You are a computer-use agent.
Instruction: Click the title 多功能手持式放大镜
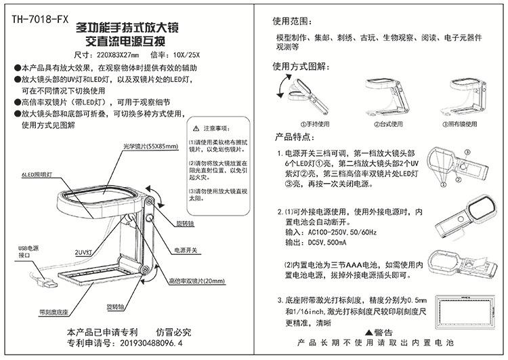coord(128,28)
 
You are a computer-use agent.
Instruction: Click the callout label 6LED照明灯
coord(35,174)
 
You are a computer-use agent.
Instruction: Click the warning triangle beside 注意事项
coord(196,127)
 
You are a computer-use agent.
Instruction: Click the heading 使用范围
coord(291,20)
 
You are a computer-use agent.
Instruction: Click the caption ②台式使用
coord(387,124)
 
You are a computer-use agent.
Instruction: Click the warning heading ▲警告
coord(379,333)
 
